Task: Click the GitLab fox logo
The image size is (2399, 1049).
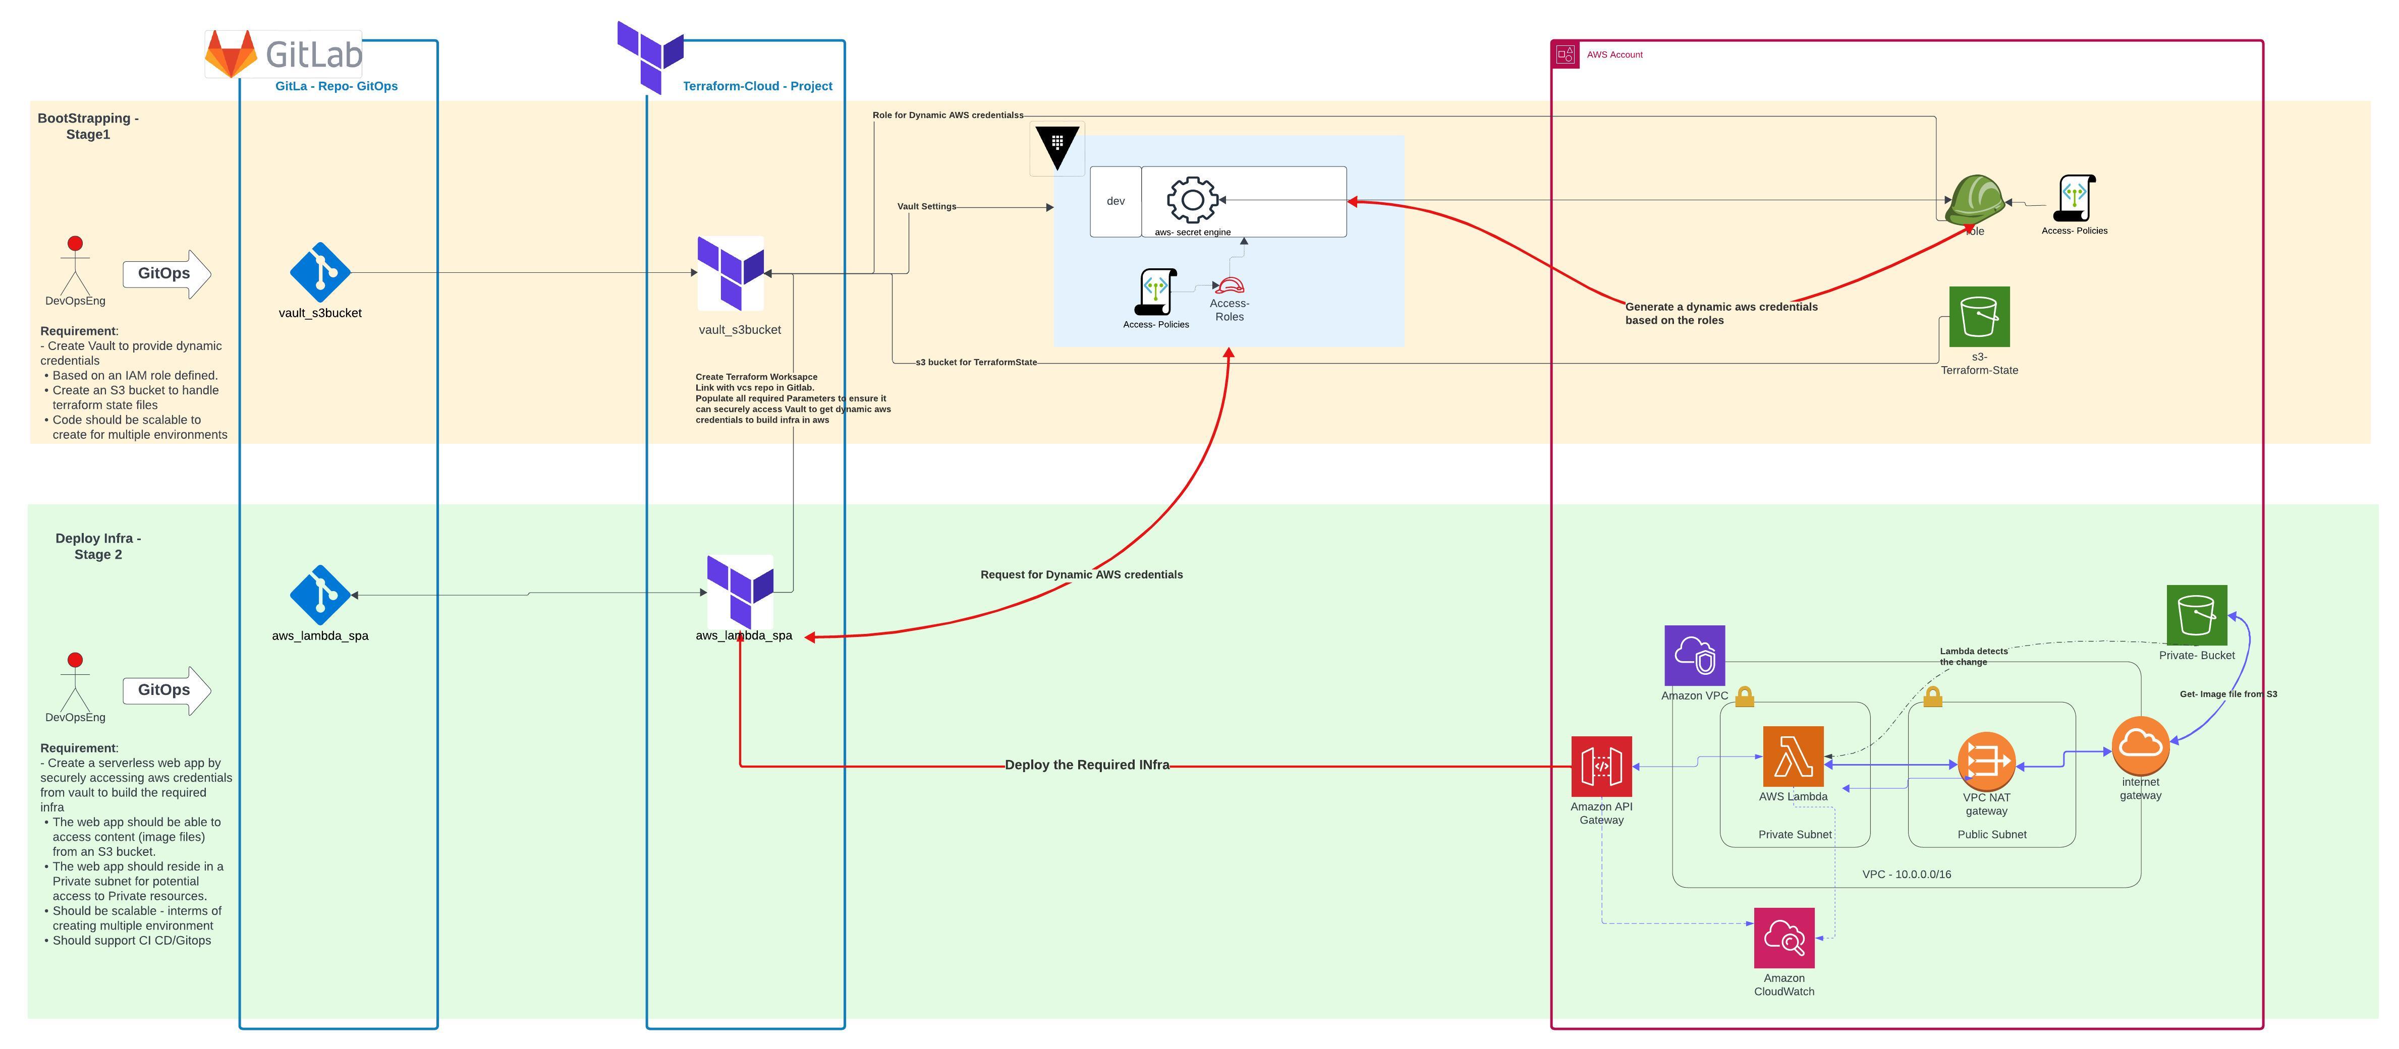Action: [231, 54]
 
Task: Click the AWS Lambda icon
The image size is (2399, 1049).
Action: [1793, 756]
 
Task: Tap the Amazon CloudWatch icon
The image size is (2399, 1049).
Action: [1783, 938]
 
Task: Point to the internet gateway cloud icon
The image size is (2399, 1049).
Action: [2140, 744]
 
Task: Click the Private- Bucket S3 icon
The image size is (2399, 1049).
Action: [2196, 614]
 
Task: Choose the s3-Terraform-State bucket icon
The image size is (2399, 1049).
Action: [1979, 317]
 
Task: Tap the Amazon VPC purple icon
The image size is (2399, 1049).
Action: [1694, 655]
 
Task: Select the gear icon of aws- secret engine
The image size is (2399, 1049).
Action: [1192, 199]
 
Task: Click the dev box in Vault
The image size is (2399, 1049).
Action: [1115, 201]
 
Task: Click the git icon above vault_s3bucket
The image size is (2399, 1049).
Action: [320, 273]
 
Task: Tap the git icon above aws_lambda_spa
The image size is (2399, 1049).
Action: [320, 595]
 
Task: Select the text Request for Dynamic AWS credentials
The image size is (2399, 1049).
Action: [1081, 574]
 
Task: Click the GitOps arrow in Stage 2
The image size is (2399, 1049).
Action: [166, 690]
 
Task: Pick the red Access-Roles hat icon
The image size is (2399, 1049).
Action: [1230, 285]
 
